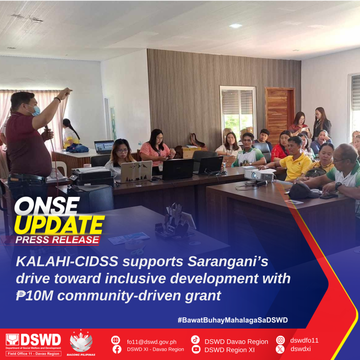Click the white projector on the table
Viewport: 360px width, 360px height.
tap(259, 176)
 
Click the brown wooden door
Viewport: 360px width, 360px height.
tap(280, 115)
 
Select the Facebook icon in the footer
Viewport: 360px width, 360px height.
tap(117, 349)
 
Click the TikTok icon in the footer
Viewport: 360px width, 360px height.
tap(195, 339)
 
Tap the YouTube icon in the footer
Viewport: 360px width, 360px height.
tap(195, 349)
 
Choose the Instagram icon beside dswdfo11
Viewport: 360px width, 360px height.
tap(280, 340)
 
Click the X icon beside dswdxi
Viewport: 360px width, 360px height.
tap(280, 349)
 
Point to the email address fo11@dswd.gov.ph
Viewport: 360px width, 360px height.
tap(151, 342)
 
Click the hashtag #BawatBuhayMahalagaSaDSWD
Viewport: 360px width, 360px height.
tap(232, 320)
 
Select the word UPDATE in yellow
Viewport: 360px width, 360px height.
tap(60, 225)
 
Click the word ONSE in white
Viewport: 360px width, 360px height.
tap(47, 206)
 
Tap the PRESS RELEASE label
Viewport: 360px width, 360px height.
tap(57, 240)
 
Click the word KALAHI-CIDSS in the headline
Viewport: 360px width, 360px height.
tap(67, 262)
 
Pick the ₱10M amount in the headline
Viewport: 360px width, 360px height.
tap(34, 295)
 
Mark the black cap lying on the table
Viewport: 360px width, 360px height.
tap(303, 191)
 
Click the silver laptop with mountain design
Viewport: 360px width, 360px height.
tap(136, 171)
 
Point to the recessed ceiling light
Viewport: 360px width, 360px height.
tap(236, 26)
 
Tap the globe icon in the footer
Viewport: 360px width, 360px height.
tap(115, 340)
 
